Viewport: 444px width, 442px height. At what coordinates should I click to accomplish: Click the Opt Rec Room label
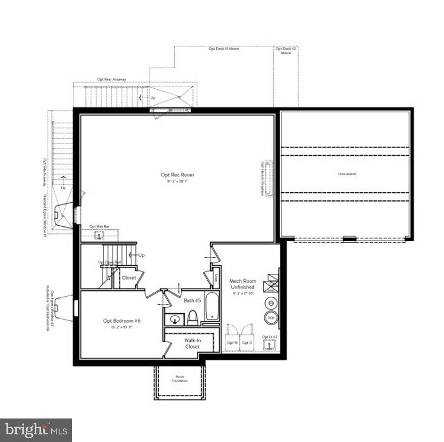(177, 175)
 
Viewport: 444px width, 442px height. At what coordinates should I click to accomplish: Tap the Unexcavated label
(347, 174)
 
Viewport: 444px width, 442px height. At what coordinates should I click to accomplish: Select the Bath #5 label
(193, 300)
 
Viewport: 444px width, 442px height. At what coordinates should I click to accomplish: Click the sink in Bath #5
(174, 319)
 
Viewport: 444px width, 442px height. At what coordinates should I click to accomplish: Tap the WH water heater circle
(271, 318)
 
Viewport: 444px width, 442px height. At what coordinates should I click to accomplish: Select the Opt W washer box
(232, 342)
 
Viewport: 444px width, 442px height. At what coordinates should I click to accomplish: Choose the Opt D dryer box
(247, 342)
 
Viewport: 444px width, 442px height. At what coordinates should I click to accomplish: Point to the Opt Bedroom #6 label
(122, 320)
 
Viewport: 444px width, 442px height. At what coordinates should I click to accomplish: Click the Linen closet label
(216, 275)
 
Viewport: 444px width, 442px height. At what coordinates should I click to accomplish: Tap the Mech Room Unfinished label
(242, 284)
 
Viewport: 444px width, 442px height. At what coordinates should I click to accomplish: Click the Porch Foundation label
(180, 379)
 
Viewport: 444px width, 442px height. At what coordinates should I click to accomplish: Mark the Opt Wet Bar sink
(100, 235)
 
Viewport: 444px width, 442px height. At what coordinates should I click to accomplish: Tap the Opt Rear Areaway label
(111, 79)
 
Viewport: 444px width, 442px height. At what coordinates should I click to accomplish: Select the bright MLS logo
(35, 430)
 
